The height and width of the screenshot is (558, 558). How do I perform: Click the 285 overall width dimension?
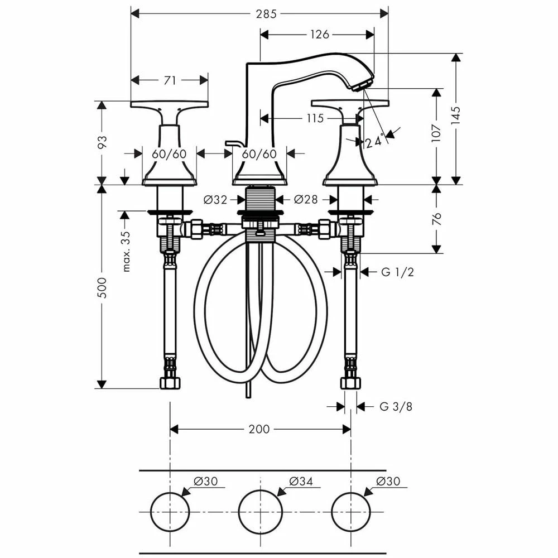pyautogui.click(x=266, y=14)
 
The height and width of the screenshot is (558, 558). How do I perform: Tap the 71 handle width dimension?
pyautogui.click(x=170, y=80)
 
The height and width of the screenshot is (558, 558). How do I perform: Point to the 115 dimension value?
pyautogui.click(x=315, y=118)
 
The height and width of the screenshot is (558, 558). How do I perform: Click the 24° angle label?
pyautogui.click(x=374, y=141)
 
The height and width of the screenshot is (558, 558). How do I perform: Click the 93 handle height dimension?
pyautogui.click(x=102, y=143)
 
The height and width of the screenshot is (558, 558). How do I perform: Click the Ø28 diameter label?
pyautogui.click(x=306, y=199)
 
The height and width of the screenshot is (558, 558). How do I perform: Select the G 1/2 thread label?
pyautogui.click(x=397, y=272)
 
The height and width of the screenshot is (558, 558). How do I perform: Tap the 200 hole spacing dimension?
pyautogui.click(x=259, y=429)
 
